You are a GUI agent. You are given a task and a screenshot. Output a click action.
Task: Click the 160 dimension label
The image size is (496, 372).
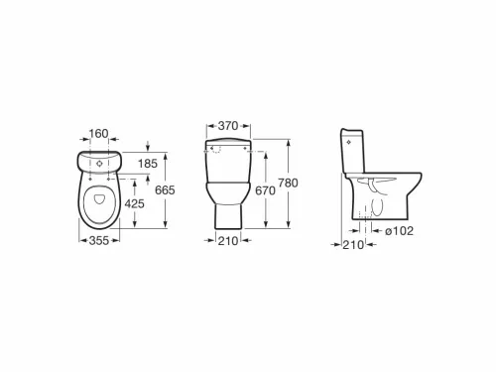click(x=98, y=133)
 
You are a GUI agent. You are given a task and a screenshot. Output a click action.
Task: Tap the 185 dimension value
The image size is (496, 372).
click(x=148, y=164)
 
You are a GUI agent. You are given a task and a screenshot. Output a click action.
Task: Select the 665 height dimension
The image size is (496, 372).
click(x=165, y=190)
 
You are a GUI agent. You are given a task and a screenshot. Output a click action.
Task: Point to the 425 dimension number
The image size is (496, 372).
click(x=134, y=203)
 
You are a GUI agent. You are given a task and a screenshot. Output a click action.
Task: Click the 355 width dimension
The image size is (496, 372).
click(x=99, y=240)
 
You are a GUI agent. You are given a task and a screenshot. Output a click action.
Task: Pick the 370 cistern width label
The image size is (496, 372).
click(x=228, y=126)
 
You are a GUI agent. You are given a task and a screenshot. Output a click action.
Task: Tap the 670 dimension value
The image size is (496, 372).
click(x=265, y=190)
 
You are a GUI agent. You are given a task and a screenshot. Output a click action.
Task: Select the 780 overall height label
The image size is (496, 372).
click(x=288, y=183)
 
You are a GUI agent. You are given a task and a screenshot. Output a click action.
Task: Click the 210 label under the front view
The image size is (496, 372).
click(x=228, y=241)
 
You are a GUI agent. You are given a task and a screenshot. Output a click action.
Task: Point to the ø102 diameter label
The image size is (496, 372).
click(x=400, y=231)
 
